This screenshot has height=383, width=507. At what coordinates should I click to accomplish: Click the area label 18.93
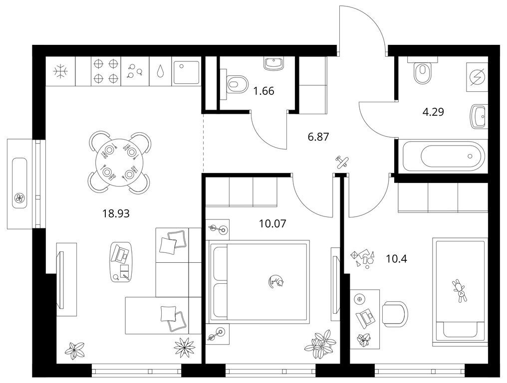point(116,213)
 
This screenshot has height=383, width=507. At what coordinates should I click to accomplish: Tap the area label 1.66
point(264,91)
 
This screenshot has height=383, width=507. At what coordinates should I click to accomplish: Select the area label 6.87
point(318,137)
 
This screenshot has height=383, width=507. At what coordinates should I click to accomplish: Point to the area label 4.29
point(433,112)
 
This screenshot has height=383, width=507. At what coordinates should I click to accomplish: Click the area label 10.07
point(272,223)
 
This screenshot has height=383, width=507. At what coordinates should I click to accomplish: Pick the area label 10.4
point(396,258)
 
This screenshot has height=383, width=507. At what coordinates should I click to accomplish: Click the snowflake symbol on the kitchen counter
point(60,71)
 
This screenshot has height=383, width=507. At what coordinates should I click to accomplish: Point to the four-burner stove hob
point(106,71)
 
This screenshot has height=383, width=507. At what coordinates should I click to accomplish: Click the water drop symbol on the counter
point(160,71)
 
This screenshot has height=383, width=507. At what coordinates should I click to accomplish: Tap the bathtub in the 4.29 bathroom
point(443,157)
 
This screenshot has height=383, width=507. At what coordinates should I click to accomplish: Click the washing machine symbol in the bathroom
point(477,77)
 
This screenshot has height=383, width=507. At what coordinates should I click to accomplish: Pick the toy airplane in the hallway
point(341,161)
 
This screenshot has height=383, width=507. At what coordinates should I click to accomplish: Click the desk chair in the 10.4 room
point(394,314)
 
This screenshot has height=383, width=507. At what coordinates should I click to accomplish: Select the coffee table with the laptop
point(121,262)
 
